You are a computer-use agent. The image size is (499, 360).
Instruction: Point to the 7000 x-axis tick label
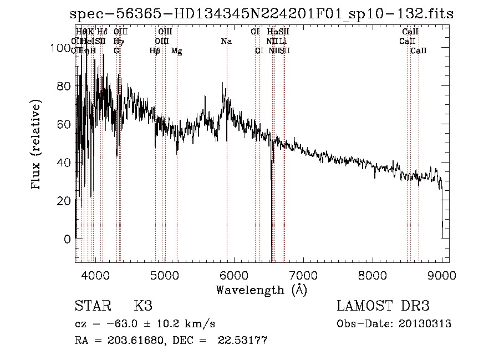pos(303,275)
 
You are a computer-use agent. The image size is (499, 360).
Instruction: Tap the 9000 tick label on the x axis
pos(442,275)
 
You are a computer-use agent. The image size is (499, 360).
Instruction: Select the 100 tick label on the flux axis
pos(57,48)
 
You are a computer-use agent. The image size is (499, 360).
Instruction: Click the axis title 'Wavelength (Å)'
pos(261,290)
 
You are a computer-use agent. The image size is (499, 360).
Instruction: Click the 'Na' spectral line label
pos(226,42)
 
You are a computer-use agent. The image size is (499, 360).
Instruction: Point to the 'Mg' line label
pos(176,51)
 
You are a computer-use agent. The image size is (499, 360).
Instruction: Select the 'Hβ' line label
pos(155,51)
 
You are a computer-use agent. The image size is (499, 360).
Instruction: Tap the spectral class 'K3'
pos(143,306)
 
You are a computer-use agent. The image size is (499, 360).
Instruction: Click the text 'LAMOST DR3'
pos(383,306)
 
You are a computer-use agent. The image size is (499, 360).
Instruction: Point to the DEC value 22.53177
pos(243,341)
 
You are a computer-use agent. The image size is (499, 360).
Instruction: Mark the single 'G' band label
pos(116,51)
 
